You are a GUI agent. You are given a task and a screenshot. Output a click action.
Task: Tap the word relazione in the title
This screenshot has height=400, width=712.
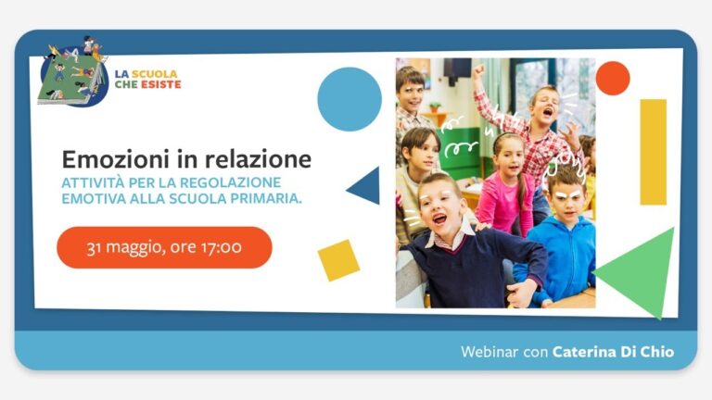pos(258,159)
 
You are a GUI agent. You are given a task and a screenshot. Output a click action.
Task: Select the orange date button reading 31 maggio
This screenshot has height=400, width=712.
pos(164,247)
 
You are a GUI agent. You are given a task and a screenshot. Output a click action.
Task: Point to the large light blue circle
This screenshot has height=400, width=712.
pos(350,99)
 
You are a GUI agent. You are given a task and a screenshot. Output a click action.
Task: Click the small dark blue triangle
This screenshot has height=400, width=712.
pos(367,186)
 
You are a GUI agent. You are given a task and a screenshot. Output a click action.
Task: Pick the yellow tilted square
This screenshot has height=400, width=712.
pos(338,260)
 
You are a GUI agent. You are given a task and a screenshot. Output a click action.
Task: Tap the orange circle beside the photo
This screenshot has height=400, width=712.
pos(613,79)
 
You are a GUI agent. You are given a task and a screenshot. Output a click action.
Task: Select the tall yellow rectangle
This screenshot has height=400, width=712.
pos(653,152)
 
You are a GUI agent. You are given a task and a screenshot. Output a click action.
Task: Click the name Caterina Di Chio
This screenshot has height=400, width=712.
pos(613,352)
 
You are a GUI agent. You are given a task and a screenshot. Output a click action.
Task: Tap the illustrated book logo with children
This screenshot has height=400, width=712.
pos(73,71)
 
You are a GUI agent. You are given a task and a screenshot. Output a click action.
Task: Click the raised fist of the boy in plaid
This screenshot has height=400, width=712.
pos(477,70)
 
